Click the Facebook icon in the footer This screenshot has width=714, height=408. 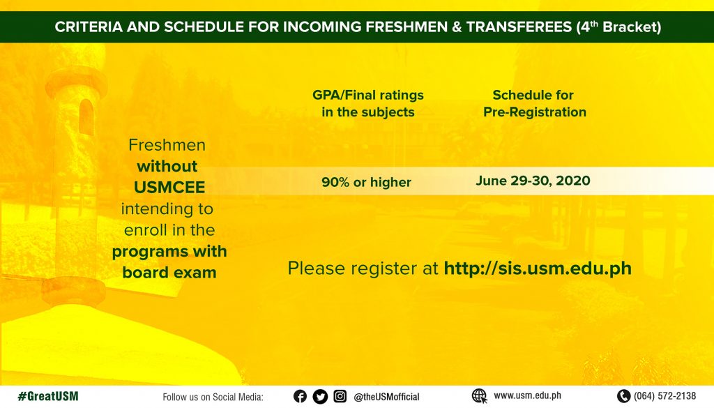[x=300, y=397]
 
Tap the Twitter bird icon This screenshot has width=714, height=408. [x=320, y=397]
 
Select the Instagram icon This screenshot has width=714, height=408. [x=340, y=397]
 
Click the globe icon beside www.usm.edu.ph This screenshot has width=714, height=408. [x=480, y=396]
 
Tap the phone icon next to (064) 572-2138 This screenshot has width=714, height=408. [x=623, y=396]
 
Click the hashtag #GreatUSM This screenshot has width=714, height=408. [x=48, y=396]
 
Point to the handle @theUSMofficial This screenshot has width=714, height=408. [x=386, y=397]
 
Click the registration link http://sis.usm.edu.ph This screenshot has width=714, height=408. [x=538, y=269]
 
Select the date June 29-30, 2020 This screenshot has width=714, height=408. [x=533, y=181]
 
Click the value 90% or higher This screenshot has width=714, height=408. [x=366, y=182]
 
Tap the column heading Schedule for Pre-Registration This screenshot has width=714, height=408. [x=535, y=103]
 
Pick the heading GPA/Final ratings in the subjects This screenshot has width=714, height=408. [x=368, y=103]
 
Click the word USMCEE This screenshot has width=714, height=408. [x=169, y=187]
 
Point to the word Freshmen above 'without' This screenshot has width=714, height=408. [x=167, y=145]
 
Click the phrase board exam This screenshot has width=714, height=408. [x=169, y=272]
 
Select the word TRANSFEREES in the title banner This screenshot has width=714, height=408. [x=519, y=27]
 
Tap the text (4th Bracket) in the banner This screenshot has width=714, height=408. [x=618, y=27]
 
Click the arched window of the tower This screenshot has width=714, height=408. [x=86, y=116]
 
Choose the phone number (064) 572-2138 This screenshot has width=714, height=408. [x=664, y=396]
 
